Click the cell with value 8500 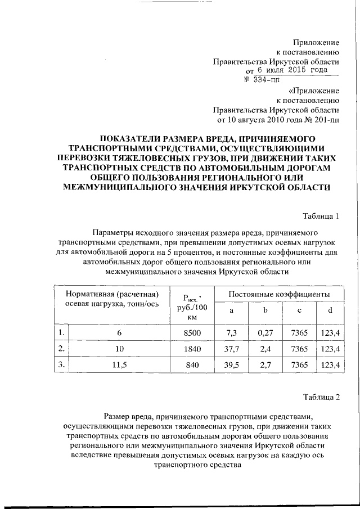tap(192, 333)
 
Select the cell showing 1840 tap(192, 349)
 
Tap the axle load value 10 tap(119, 349)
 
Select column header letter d tap(330, 311)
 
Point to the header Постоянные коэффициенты tap(280, 294)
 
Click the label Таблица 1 tap(322, 215)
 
